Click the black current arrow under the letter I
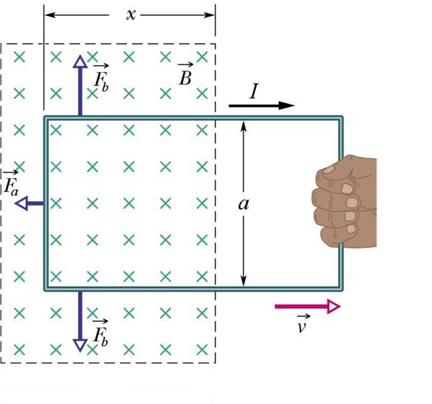click(261, 106)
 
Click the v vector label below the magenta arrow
click(301, 325)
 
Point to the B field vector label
click(184, 75)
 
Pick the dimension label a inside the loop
click(244, 204)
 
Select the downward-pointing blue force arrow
click(79, 321)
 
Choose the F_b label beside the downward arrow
click(100, 332)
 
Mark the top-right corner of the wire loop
click(341, 118)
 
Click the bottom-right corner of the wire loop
click(341, 289)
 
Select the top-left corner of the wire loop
click(46, 118)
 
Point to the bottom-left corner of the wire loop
click(46, 289)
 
